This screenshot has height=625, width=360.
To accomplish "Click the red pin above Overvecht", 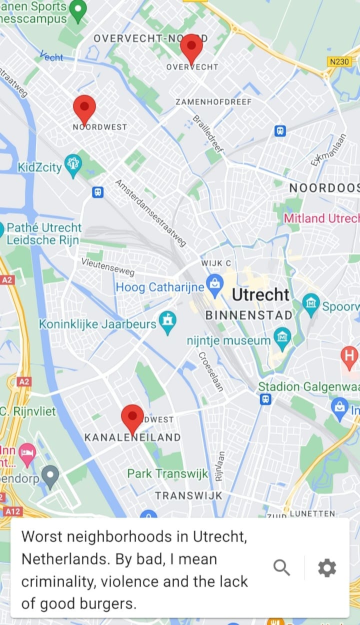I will pyautogui.click(x=191, y=47).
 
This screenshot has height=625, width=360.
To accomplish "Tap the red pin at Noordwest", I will pyautogui.click(x=85, y=108).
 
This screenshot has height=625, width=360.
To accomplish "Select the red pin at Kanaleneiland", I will pyautogui.click(x=132, y=418).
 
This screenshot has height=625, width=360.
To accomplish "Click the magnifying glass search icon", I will pyautogui.click(x=282, y=568).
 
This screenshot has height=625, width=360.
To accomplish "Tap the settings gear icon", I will pyautogui.click(x=327, y=568).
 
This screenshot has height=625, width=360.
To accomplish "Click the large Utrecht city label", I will pyautogui.click(x=260, y=295).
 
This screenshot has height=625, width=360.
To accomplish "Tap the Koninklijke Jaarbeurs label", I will pyautogui.click(x=97, y=325).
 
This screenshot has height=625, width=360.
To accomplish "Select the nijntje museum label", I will pyautogui.click(x=227, y=340).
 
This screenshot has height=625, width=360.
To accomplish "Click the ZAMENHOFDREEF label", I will pyautogui.click(x=213, y=102).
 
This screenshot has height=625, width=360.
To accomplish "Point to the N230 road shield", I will pyautogui.click(x=338, y=62).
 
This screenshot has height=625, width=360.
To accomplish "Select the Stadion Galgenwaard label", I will pyautogui.click(x=308, y=387).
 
